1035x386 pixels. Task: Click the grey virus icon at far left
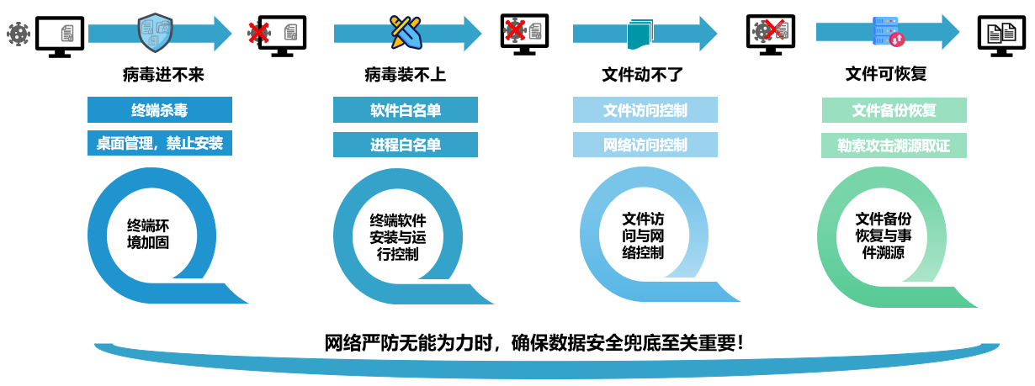click(18, 34)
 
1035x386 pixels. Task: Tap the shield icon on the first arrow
click(155, 32)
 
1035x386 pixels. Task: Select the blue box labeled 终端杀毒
click(160, 110)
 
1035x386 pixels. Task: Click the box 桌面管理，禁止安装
click(160, 143)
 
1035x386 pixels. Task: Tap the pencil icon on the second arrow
click(404, 32)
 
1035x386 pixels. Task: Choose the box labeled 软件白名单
click(406, 110)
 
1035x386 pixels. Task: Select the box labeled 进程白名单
click(406, 145)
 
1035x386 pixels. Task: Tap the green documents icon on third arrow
click(639, 34)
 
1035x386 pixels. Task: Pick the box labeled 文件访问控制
click(645, 110)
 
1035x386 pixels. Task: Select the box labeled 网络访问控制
click(645, 145)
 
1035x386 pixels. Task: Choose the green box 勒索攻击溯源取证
click(894, 145)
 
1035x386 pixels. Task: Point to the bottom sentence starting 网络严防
click(534, 343)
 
